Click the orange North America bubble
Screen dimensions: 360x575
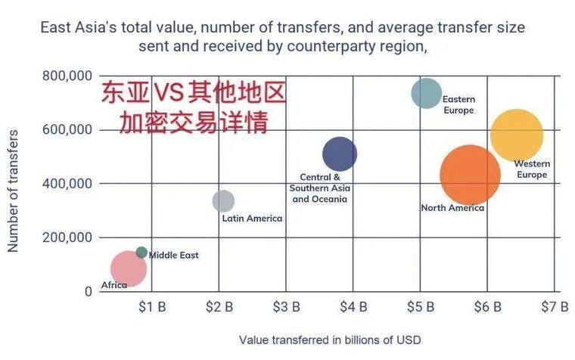click(x=470, y=175)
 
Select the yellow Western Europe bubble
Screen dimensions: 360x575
click(x=517, y=135)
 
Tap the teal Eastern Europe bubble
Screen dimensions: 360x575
click(x=426, y=93)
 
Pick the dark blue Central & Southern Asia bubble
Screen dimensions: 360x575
click(x=340, y=154)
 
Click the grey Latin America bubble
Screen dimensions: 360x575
click(x=223, y=200)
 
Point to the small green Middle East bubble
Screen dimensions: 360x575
click(x=141, y=253)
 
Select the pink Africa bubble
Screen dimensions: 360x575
click(x=128, y=268)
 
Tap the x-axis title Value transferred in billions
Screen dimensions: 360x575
click(x=329, y=340)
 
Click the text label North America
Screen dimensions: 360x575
click(x=452, y=208)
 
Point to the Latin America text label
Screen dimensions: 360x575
click(x=252, y=219)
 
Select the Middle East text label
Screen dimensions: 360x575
click(x=173, y=256)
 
